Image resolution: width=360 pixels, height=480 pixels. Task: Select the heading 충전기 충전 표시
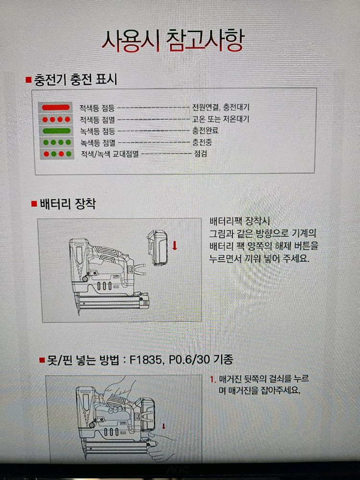pos(75,80)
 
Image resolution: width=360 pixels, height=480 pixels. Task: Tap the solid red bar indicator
pos(56,107)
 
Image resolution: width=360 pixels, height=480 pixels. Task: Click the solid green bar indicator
pos(57,131)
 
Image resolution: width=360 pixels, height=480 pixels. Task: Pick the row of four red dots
pos(57,119)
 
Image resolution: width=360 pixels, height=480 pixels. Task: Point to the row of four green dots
pos(57,143)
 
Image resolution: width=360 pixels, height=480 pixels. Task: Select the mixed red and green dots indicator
pos(57,154)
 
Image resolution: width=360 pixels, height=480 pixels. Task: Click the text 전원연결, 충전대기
pos(220,107)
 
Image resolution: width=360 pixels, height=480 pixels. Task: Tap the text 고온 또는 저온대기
pos(220,119)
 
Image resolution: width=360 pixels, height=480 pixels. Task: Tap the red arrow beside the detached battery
pos(175,246)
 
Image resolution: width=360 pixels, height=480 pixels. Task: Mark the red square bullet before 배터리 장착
pos(34,204)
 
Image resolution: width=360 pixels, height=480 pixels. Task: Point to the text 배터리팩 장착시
pos(240,222)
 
